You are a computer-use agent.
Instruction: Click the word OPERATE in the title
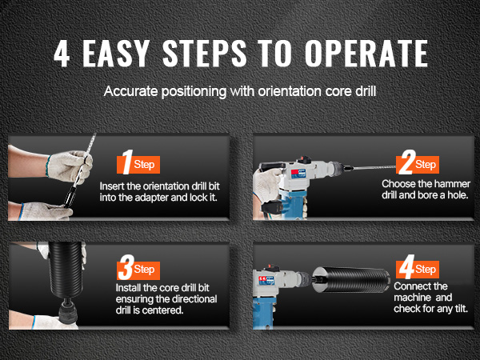(366, 54)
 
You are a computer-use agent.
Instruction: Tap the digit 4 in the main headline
(62, 54)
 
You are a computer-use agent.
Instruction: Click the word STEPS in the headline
(205, 54)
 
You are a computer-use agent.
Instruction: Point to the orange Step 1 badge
(138, 165)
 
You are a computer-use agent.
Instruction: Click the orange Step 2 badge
(418, 165)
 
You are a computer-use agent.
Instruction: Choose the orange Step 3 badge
(138, 270)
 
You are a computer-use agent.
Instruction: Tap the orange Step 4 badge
(418, 270)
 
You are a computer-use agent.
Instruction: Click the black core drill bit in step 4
(351, 279)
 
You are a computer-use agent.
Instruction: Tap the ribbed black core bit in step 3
(66, 270)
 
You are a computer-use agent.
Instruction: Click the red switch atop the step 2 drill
(304, 158)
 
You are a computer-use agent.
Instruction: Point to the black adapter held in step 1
(69, 196)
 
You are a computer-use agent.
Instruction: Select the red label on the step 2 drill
(294, 172)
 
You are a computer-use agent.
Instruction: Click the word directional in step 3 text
(192, 299)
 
